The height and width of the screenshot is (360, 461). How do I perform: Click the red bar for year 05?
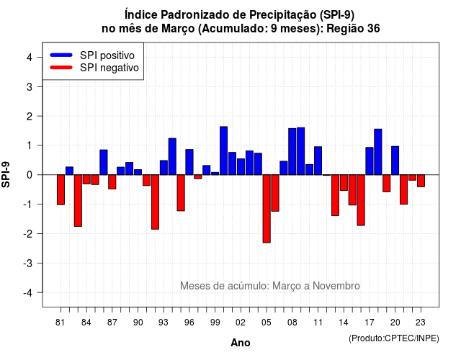[x=267, y=209]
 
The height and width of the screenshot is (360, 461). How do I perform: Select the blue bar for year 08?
[x=292, y=152]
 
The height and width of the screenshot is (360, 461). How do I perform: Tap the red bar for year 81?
[x=61, y=190]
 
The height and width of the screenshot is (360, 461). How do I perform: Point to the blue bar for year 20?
[x=395, y=161]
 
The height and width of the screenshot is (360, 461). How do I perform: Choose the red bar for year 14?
[x=344, y=183]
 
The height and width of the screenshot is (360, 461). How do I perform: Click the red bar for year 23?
[x=421, y=181]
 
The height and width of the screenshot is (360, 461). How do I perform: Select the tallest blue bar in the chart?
[x=224, y=150]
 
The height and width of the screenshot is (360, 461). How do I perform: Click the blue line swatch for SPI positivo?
[x=61, y=55]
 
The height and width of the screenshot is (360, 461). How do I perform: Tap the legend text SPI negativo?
[x=109, y=68]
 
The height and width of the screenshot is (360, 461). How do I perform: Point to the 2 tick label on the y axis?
[x=30, y=117]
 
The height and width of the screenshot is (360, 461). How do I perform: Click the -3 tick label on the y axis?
[x=27, y=264]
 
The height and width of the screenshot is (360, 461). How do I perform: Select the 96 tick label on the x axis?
[x=189, y=323]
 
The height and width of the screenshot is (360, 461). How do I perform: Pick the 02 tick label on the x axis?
[x=241, y=323]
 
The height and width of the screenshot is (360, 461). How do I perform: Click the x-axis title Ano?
[x=241, y=343]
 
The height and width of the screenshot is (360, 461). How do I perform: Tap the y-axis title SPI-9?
[x=6, y=174]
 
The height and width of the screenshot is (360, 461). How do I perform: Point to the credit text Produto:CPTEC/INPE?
[x=394, y=338]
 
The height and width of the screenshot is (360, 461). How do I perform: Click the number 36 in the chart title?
[x=373, y=29]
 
